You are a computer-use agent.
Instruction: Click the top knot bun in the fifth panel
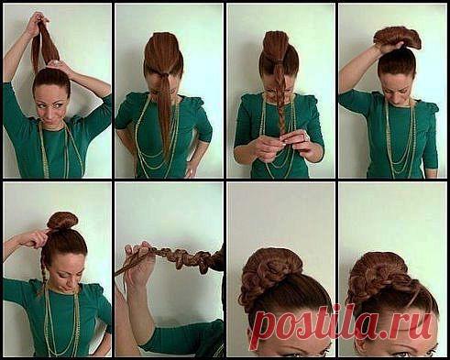tap(63, 221)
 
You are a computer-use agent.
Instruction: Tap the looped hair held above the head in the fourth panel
tap(397, 38)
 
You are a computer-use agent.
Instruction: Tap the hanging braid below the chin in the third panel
tap(281, 113)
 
